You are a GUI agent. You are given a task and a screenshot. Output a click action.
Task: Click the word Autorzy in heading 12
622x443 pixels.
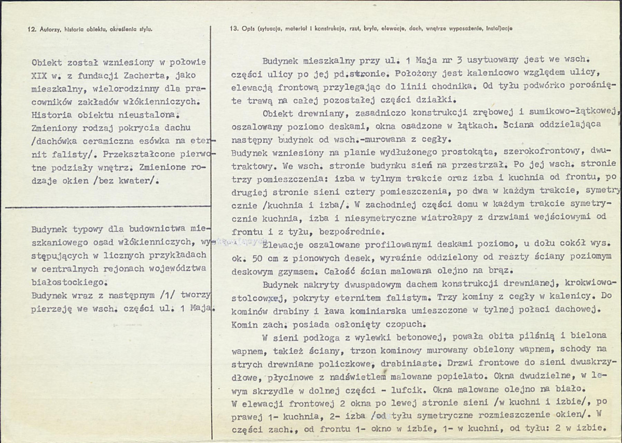(x=48, y=29)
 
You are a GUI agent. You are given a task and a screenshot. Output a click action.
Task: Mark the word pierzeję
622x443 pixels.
(x=51, y=308)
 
